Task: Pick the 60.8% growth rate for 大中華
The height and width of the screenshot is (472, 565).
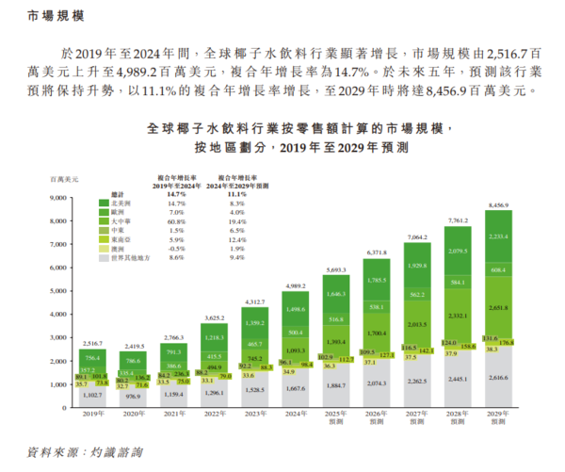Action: point(176,221)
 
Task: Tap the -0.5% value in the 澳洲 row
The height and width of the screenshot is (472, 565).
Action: point(176,248)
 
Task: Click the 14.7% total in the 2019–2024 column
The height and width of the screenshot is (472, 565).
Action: point(176,193)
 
